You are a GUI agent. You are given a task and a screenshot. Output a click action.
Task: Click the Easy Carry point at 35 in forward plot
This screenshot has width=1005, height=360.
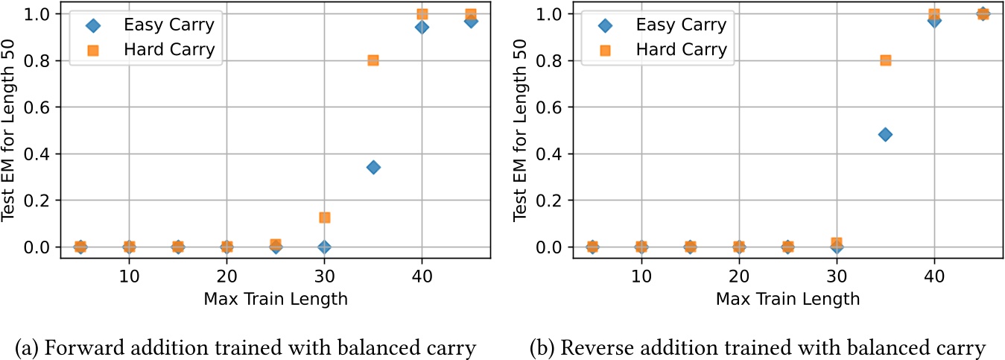coord(373,167)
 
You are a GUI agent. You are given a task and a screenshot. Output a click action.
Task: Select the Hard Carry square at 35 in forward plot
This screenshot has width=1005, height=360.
coord(373,60)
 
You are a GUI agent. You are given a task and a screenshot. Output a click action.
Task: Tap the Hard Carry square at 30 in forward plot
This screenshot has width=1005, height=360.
coord(324,218)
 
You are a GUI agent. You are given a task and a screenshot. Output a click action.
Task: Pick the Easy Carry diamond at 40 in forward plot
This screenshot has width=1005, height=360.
coord(422,27)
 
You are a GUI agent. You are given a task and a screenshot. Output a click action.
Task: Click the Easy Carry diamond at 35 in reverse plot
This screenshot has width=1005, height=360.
coord(885,134)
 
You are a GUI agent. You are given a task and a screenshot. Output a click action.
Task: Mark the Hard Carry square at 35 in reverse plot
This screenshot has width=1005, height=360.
coord(885,60)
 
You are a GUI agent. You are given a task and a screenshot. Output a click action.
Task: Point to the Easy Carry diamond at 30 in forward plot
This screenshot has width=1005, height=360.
coord(324,247)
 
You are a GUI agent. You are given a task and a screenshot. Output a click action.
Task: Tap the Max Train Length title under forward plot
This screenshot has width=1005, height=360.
coord(275,300)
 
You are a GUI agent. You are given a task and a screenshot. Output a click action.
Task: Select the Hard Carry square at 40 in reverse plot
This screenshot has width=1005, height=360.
coord(934,14)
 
